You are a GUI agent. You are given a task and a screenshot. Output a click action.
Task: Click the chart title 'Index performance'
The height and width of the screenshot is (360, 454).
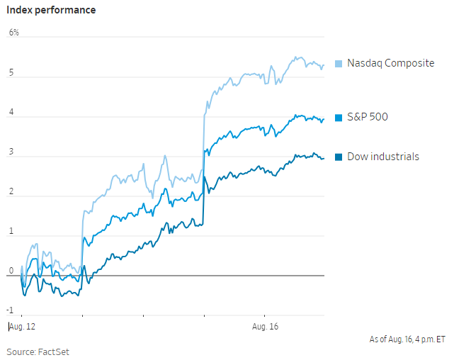pyautogui.click(x=51, y=11)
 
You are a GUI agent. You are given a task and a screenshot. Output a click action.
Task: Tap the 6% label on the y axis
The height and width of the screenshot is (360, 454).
pyautogui.click(x=14, y=33)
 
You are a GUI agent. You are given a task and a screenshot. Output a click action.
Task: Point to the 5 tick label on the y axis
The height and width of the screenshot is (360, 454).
pyautogui.click(x=11, y=73)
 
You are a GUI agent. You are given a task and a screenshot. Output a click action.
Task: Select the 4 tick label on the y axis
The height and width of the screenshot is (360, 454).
pyautogui.click(x=11, y=113)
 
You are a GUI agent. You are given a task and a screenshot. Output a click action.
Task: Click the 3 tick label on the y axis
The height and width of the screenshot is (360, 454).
pyautogui.click(x=11, y=152)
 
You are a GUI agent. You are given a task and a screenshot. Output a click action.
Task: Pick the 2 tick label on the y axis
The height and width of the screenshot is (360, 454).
pyautogui.click(x=11, y=192)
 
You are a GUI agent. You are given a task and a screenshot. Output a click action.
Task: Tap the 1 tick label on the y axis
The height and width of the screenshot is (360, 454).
pyautogui.click(x=11, y=232)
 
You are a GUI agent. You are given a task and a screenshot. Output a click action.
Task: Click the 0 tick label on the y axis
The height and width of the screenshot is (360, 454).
pyautogui.click(x=11, y=271)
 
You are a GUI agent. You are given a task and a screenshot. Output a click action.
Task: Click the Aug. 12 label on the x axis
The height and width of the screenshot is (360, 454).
pyautogui.click(x=22, y=327)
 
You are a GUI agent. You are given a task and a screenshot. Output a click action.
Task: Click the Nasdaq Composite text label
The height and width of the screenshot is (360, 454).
pyautogui.click(x=390, y=63)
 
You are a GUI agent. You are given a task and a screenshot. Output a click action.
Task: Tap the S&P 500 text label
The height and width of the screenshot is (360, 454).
pyautogui.click(x=368, y=117)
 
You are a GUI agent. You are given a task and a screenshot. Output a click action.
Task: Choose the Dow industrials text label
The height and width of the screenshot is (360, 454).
pyautogui.click(x=382, y=156)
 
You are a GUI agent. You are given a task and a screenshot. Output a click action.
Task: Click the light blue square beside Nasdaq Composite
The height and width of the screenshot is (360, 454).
pyautogui.click(x=339, y=64)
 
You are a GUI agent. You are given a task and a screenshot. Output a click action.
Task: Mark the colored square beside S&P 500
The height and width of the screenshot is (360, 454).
pyautogui.click(x=339, y=118)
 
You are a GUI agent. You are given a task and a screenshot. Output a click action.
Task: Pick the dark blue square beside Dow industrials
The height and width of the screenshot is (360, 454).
pyautogui.click(x=339, y=157)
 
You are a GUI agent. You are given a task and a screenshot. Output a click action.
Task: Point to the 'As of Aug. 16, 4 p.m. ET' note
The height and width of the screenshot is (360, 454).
pyautogui.click(x=407, y=339)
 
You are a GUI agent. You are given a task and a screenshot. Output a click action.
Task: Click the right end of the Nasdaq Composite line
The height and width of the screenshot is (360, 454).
pyautogui.click(x=324, y=65)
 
